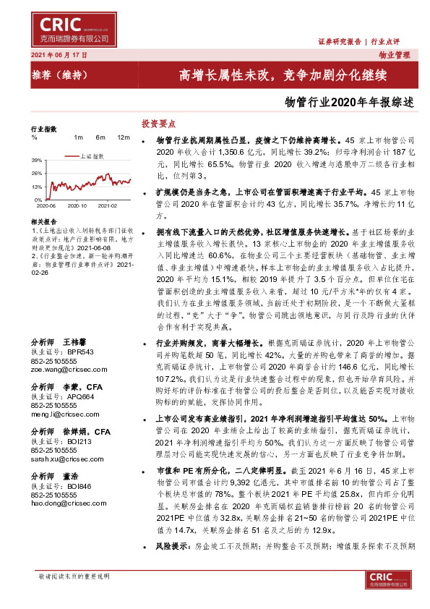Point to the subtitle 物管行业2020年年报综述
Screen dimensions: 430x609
coord(350,102)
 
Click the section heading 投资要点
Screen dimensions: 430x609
coord(158,124)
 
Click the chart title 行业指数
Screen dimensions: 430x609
coord(43,128)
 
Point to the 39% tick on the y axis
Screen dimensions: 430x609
coord(36,160)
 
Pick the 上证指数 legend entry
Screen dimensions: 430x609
coord(92,156)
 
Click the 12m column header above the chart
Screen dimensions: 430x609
coord(123,137)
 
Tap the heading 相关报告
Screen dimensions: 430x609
coord(45,221)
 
